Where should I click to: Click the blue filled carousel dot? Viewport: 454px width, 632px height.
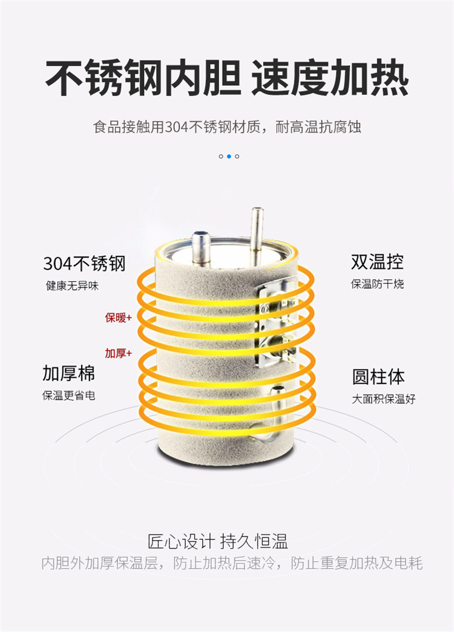(229, 157)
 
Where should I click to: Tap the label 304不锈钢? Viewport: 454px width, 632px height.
(84, 264)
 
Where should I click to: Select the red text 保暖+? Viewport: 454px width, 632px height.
(118, 318)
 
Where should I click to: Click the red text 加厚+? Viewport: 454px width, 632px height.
(118, 353)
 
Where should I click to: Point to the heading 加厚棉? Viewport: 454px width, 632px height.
(68, 373)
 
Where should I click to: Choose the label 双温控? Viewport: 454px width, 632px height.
(377, 262)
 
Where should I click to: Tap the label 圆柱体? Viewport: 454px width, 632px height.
(378, 377)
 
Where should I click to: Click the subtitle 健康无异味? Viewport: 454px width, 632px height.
(72, 286)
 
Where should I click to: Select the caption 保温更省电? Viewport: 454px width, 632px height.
(68, 396)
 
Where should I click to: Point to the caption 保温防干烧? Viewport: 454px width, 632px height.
(377, 284)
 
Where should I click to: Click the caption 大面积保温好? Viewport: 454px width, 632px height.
(383, 399)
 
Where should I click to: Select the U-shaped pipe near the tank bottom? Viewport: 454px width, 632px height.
(269, 413)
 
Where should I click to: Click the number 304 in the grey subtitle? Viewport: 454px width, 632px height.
(177, 128)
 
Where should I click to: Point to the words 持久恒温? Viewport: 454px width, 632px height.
(254, 541)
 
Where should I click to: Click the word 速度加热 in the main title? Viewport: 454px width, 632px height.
(330, 78)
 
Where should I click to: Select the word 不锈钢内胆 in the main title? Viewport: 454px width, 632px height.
(143, 78)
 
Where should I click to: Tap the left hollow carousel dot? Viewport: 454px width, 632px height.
(221, 157)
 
